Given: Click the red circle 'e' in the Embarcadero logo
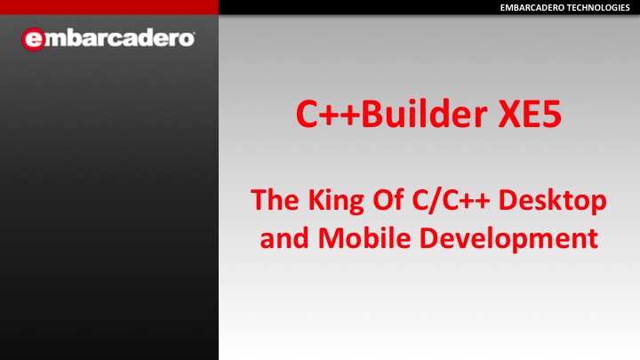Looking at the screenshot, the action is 34,39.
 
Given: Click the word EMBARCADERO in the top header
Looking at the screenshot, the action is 531,8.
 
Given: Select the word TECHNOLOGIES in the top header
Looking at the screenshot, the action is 596,8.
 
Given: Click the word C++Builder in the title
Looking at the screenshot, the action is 392,115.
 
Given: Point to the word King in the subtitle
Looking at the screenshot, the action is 336,202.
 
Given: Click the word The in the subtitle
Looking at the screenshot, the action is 275,200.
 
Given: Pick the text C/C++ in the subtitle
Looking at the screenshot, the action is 451,200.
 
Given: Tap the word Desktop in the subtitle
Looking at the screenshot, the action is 552,201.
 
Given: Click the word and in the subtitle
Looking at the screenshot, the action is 284,238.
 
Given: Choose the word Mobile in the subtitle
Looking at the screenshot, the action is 364,237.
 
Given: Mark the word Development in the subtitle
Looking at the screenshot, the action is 508,239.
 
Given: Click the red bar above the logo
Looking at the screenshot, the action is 109,7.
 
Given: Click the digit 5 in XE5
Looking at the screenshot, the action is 551,115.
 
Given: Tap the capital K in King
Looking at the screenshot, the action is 316,200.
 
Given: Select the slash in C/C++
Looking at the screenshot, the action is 434,201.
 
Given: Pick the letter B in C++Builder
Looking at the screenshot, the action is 372,115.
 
